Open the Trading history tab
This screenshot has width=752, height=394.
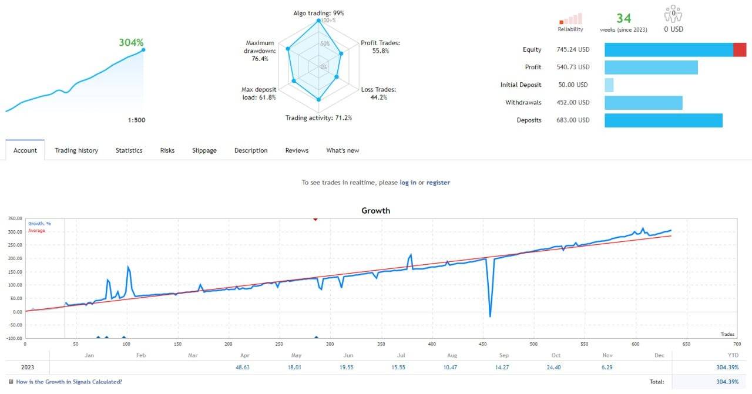coord(76,150)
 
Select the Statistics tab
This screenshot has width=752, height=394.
coord(129,150)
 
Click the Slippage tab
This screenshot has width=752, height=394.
coord(204,150)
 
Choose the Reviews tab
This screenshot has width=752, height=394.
coord(297,150)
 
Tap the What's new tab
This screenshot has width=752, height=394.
coord(343,150)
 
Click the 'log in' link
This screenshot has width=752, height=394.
coord(408,183)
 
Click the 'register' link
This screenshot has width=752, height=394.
coord(438,183)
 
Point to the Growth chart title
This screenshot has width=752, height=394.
coord(375,210)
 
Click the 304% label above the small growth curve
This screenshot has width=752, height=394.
coord(131,42)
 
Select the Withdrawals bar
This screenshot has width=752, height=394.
coord(643,103)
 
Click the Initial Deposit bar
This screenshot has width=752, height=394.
coord(609,85)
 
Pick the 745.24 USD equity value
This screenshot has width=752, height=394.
coord(573,50)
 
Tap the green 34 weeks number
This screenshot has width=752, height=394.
coord(623,19)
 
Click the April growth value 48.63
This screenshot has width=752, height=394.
coord(242,368)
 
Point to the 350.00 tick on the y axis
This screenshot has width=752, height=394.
coord(14,218)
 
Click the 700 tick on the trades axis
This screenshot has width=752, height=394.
coord(736,344)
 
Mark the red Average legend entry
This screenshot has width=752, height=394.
coord(36,231)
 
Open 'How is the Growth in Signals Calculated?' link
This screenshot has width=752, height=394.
coord(69,382)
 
